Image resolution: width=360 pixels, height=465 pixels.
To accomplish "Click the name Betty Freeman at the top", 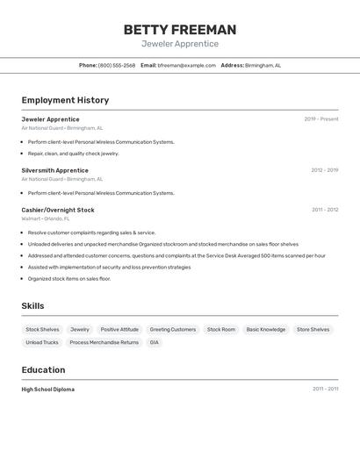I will tap(179, 30).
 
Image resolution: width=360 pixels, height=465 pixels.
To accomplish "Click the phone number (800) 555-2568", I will tap(117, 65).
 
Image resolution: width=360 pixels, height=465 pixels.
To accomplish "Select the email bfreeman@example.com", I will tap(186, 65).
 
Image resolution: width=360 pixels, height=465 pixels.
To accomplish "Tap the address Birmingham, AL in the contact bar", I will tap(263, 65).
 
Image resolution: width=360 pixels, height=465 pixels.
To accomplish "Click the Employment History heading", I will tap(65, 100).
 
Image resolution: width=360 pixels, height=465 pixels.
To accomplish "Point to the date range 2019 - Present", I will tap(320, 119).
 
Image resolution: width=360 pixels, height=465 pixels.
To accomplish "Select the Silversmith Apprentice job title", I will tap(54, 170).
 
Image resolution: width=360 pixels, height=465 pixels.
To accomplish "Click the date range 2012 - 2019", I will tap(324, 170).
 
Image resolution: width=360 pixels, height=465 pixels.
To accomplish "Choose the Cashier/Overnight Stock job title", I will tap(58, 210).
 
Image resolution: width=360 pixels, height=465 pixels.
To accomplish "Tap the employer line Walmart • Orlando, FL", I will tap(46, 218).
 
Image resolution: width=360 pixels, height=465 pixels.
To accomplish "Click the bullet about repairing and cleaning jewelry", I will tap(73, 154).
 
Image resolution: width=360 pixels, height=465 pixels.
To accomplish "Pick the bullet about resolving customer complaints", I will tap(91, 232).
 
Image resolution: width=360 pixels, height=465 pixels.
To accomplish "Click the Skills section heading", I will tap(33, 305).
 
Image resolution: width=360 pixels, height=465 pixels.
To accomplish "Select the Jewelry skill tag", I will tap(80, 330).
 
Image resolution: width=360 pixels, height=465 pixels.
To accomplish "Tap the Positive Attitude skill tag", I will tap(119, 330).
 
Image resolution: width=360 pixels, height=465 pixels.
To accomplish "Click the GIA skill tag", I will tap(154, 342).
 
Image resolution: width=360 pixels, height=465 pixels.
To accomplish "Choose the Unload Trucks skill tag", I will tap(42, 342).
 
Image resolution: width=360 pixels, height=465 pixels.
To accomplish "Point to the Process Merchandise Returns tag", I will tap(104, 342).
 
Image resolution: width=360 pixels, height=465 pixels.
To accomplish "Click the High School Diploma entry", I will tap(47, 389).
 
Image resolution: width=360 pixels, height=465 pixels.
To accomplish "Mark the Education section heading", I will tap(43, 369).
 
